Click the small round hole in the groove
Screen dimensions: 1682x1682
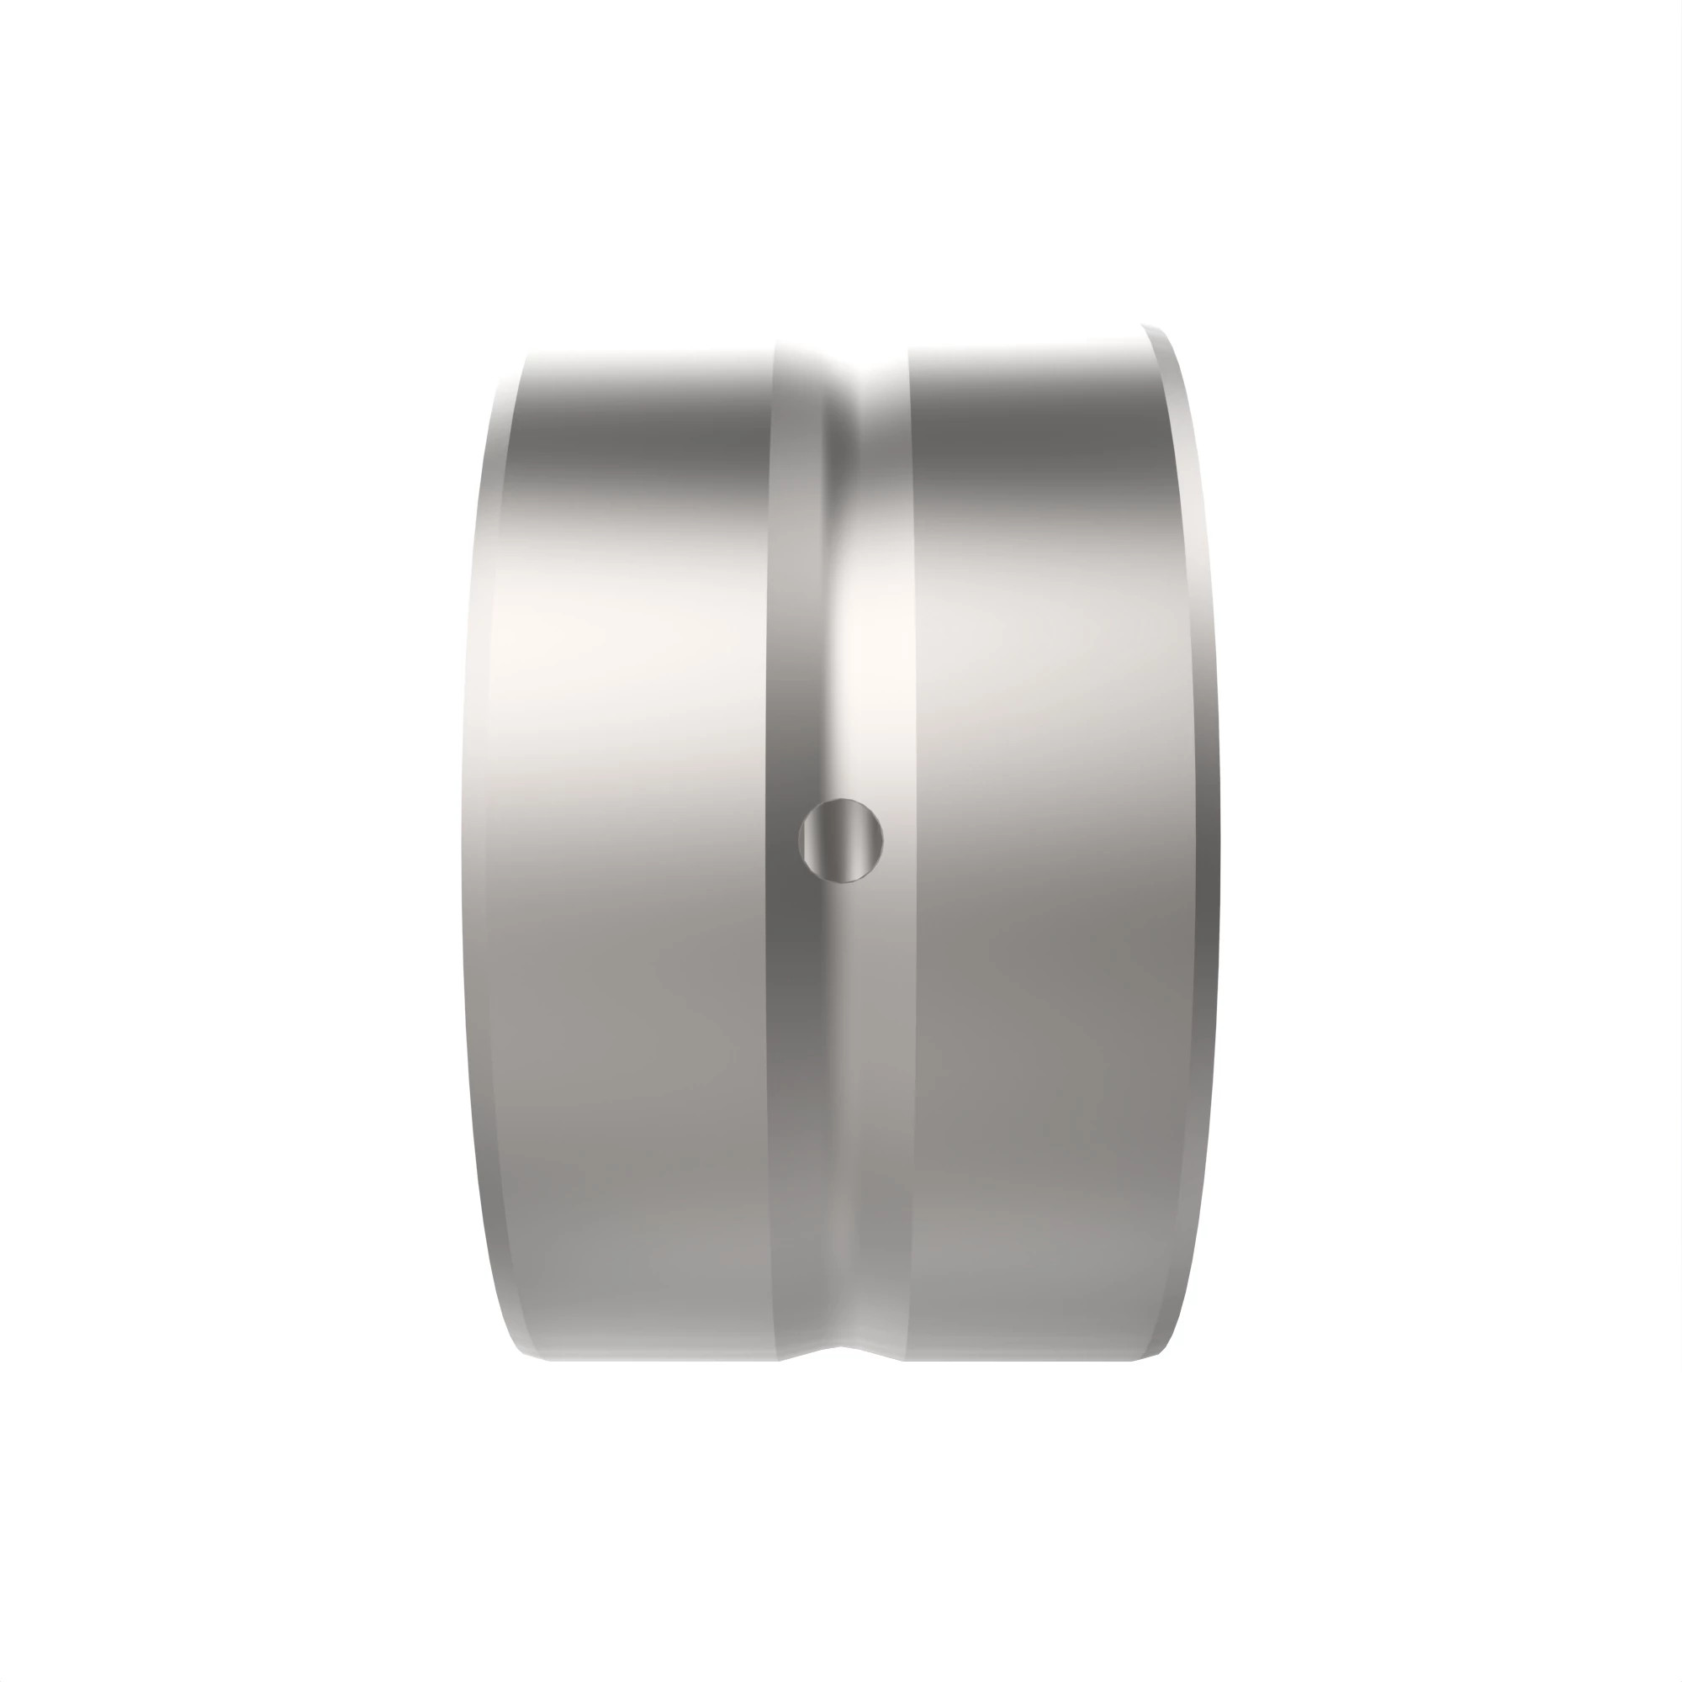click(x=840, y=840)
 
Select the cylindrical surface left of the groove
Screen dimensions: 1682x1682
click(x=627, y=870)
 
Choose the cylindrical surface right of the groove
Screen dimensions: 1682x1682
click(x=1045, y=870)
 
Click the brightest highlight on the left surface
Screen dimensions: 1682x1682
click(x=558, y=644)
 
